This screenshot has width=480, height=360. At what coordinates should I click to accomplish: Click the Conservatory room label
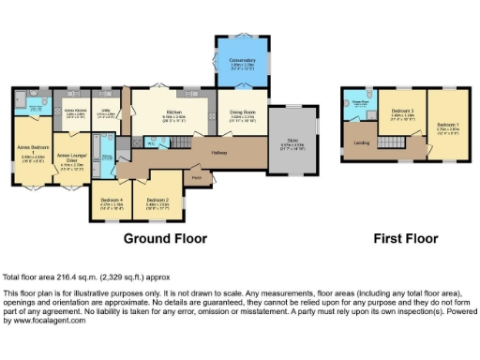[x=243, y=61]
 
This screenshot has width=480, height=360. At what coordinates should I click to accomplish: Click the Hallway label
[x=219, y=152]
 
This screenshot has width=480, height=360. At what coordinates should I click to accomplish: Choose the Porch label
[x=197, y=175]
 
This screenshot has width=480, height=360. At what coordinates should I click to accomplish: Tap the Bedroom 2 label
[x=157, y=200]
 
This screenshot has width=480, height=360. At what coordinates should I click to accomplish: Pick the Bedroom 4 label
[x=111, y=200]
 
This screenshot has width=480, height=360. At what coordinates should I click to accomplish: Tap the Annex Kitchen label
[x=76, y=111]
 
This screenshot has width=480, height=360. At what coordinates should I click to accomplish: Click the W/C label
[x=150, y=143]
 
